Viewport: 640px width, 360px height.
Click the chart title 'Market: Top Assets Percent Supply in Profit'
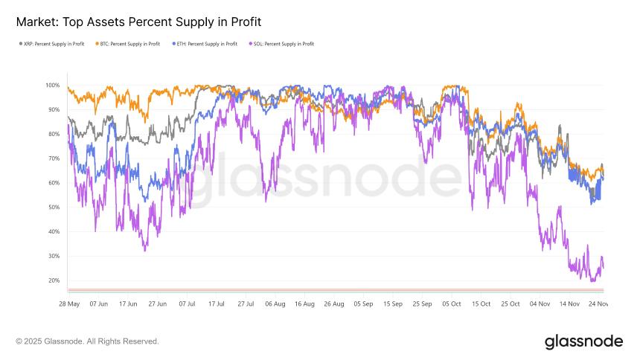(x=138, y=22)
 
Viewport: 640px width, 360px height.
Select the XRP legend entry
(x=54, y=44)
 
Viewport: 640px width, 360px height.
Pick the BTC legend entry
(x=128, y=44)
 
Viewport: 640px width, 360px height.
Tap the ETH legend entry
(x=205, y=44)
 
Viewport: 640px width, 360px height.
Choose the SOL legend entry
(x=282, y=44)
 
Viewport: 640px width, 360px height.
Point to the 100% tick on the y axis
(x=51, y=86)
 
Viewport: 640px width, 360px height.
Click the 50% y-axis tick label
(x=53, y=208)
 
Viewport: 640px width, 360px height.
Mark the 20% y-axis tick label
(x=53, y=280)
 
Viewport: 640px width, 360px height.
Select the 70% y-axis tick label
(x=53, y=158)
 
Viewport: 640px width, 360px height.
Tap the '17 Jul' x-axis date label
(x=217, y=303)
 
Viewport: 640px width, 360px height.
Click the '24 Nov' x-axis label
(x=599, y=303)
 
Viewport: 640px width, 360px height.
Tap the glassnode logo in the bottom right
(x=583, y=341)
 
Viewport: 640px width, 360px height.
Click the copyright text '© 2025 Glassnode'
(x=87, y=341)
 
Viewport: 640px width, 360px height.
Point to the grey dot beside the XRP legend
(x=20, y=44)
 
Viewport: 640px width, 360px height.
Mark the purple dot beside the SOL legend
(x=252, y=44)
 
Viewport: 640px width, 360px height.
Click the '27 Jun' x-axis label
(x=157, y=303)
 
